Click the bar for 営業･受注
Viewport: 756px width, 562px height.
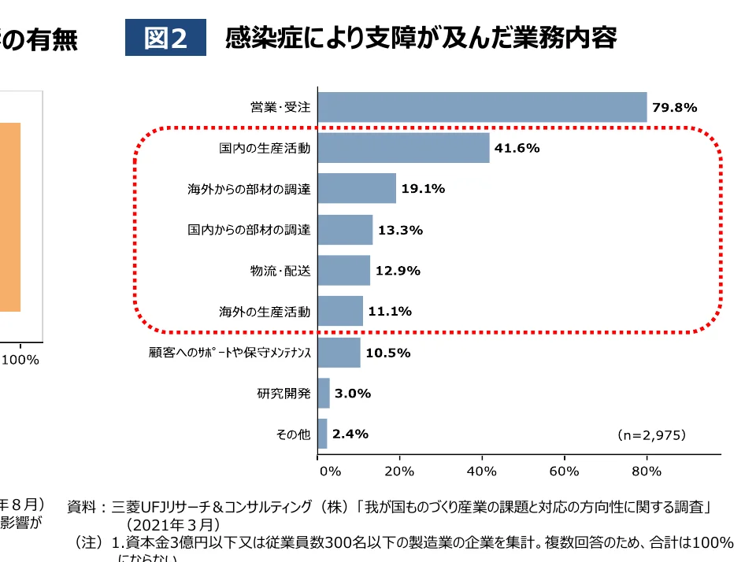click(x=482, y=107)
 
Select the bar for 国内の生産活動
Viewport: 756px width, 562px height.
click(x=403, y=148)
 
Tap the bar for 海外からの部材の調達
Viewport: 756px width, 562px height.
click(x=357, y=189)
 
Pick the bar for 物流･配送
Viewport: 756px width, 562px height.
click(x=344, y=271)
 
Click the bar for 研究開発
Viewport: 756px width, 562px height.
click(x=324, y=393)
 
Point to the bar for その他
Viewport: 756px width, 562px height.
click(x=322, y=434)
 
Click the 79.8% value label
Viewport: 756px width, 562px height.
click(x=674, y=108)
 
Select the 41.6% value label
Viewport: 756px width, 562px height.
click(x=517, y=148)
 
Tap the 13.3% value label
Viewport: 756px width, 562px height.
click(x=400, y=230)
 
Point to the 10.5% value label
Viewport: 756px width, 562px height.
click(x=387, y=353)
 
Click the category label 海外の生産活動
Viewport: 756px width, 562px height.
click(x=265, y=312)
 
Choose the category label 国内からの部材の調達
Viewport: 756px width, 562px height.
click(x=249, y=230)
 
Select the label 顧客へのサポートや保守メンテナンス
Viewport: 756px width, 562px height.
click(x=230, y=353)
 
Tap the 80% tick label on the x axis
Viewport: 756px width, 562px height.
click(x=647, y=471)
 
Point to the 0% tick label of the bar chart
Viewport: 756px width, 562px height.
click(x=329, y=471)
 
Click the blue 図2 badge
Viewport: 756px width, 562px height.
click(x=165, y=38)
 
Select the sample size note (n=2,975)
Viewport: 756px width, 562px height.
click(x=651, y=434)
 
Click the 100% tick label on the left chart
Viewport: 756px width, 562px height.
click(x=20, y=360)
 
